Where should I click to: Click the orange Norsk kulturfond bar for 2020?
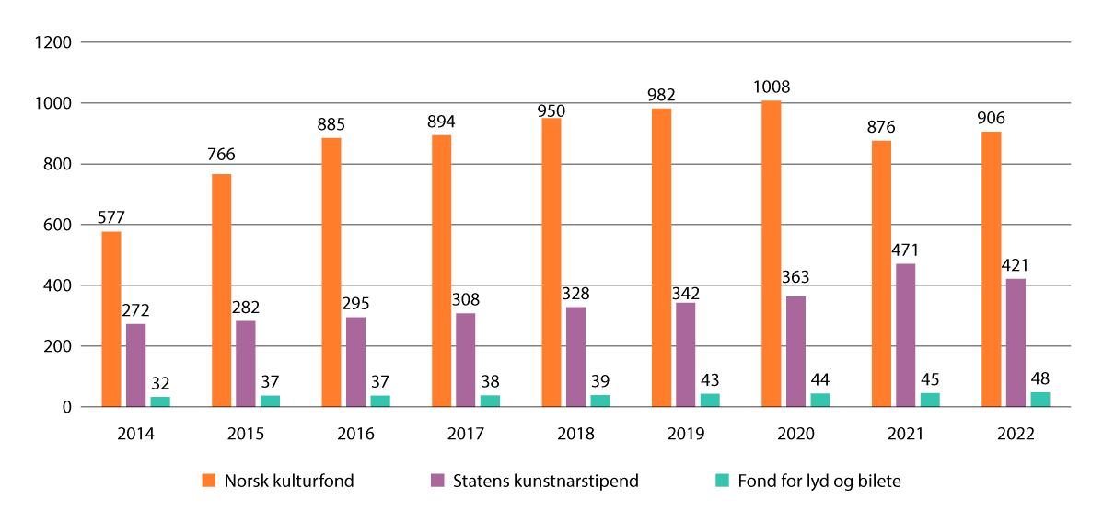[771, 253]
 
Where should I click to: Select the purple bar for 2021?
[904, 335]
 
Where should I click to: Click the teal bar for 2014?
[160, 401]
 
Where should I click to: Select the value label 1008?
[771, 87]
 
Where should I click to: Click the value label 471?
[905, 250]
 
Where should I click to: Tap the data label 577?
[111, 218]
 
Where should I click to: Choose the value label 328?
[575, 294]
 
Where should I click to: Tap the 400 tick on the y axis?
[58, 285]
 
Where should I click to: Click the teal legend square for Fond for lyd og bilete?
[723, 480]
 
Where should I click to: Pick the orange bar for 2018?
[551, 262]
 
